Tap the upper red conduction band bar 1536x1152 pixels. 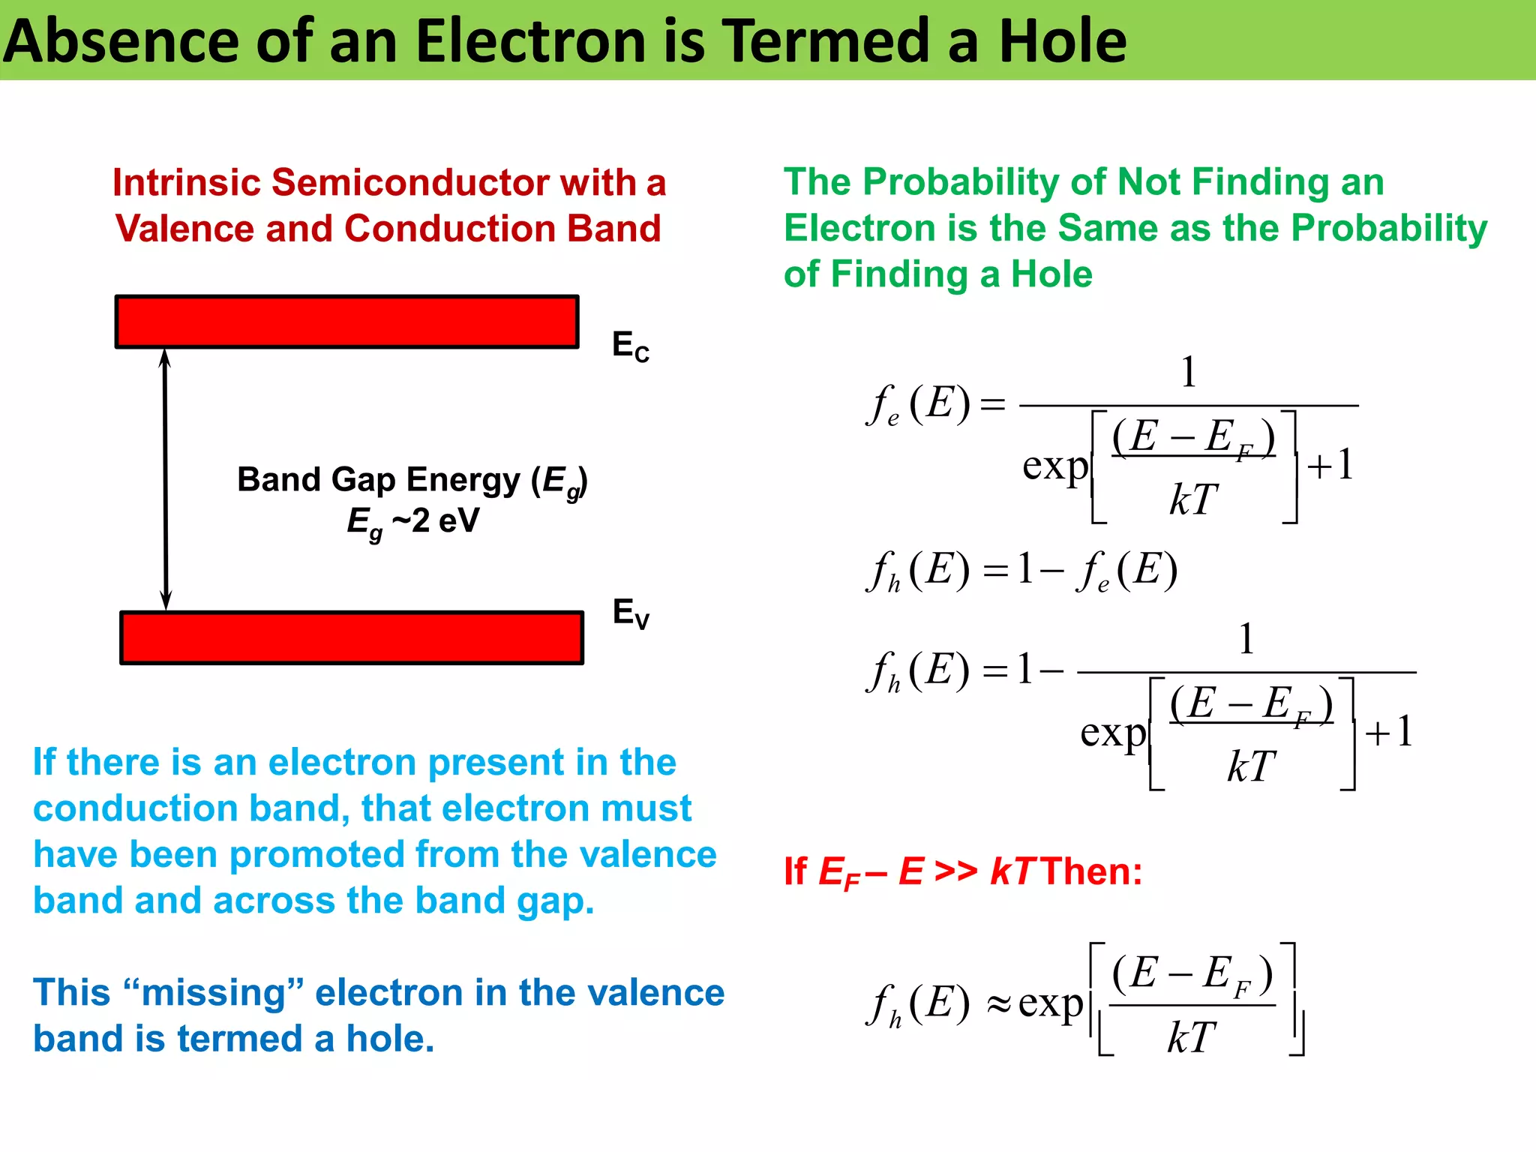pyautogui.click(x=346, y=322)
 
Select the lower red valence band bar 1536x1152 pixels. pyautogui.click(x=352, y=638)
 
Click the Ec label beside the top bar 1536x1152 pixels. pyautogui.click(x=630, y=346)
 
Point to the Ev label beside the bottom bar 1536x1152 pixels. pyautogui.click(x=630, y=613)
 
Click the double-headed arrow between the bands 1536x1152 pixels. pyautogui.click(x=166, y=480)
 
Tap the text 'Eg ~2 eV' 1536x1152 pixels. pyautogui.click(x=412, y=521)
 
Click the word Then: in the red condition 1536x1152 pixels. pyautogui.click(x=1092, y=872)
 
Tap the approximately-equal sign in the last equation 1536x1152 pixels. pyautogui.click(x=998, y=1005)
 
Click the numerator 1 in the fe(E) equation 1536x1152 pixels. pyautogui.click(x=1188, y=372)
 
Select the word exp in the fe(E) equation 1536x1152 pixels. pyautogui.click(x=1054, y=466)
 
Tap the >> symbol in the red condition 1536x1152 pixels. pyautogui.click(x=956, y=872)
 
